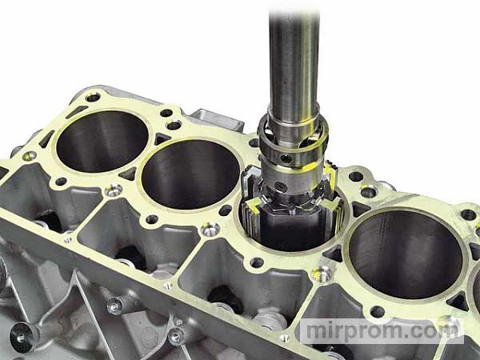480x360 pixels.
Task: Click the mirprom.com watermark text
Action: (382, 331)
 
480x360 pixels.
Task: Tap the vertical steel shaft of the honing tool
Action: (294, 62)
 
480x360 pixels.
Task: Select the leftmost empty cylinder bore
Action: (102, 141)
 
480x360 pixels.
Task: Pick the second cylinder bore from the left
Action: (190, 174)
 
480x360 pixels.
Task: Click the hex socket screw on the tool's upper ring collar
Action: (286, 158)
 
